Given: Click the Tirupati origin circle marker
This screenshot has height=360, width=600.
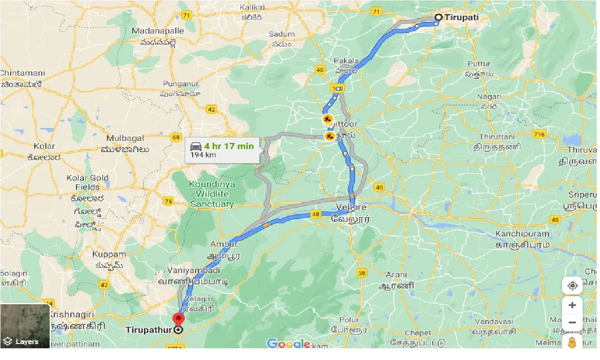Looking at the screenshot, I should point(438,17).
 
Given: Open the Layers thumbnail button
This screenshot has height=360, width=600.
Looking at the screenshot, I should point(25,326).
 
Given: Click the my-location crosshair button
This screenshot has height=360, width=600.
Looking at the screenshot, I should point(572,285).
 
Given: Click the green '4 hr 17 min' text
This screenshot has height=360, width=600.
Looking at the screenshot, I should point(229,146).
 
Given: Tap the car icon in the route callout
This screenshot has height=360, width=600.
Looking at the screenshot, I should point(195,146).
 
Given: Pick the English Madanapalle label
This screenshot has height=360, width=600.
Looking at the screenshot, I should point(158,31).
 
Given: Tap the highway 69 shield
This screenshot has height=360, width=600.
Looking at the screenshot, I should point(176,138).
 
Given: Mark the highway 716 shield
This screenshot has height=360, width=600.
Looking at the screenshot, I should point(539,135).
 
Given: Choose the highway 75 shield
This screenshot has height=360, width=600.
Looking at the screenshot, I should point(168,201).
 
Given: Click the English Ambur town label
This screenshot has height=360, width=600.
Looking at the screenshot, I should point(224,244).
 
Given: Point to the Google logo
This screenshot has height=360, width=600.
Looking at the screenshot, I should point(288,344).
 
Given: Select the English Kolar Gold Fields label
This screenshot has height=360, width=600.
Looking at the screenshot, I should point(87,182).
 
